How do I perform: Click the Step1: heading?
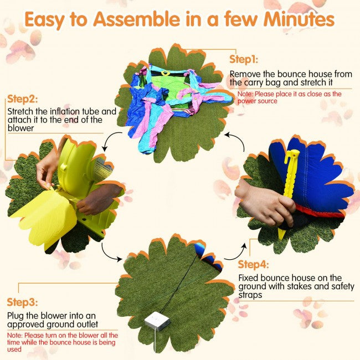click(244, 59)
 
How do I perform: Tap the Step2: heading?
click(22, 99)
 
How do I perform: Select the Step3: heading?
click(22, 302)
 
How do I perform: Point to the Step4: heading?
click(253, 265)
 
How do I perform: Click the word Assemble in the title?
click(137, 19)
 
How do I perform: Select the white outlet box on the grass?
click(157, 321)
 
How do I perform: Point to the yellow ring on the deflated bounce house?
click(165, 73)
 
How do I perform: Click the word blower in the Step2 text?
click(20, 128)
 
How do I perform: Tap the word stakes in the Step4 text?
click(299, 286)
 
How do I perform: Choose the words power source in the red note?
click(258, 101)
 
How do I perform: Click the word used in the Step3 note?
click(14, 349)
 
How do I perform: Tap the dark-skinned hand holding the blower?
click(99, 199)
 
